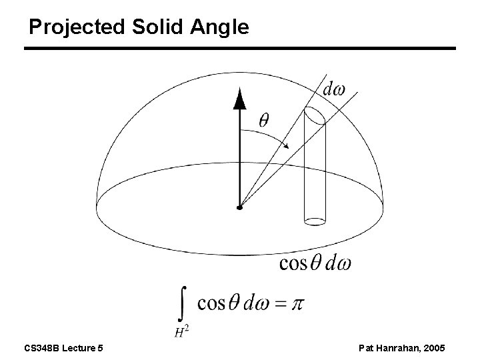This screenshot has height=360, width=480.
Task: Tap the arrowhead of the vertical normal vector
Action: point(239,100)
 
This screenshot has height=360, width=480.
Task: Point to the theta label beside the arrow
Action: point(264,121)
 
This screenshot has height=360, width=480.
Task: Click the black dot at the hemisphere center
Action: point(239,208)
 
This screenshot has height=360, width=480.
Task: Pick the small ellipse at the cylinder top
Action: point(315,116)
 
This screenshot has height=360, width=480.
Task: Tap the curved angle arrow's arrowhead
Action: point(287,146)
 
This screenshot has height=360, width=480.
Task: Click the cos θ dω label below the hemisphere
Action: point(315,263)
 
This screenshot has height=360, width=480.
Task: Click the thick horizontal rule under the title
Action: point(240,49)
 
